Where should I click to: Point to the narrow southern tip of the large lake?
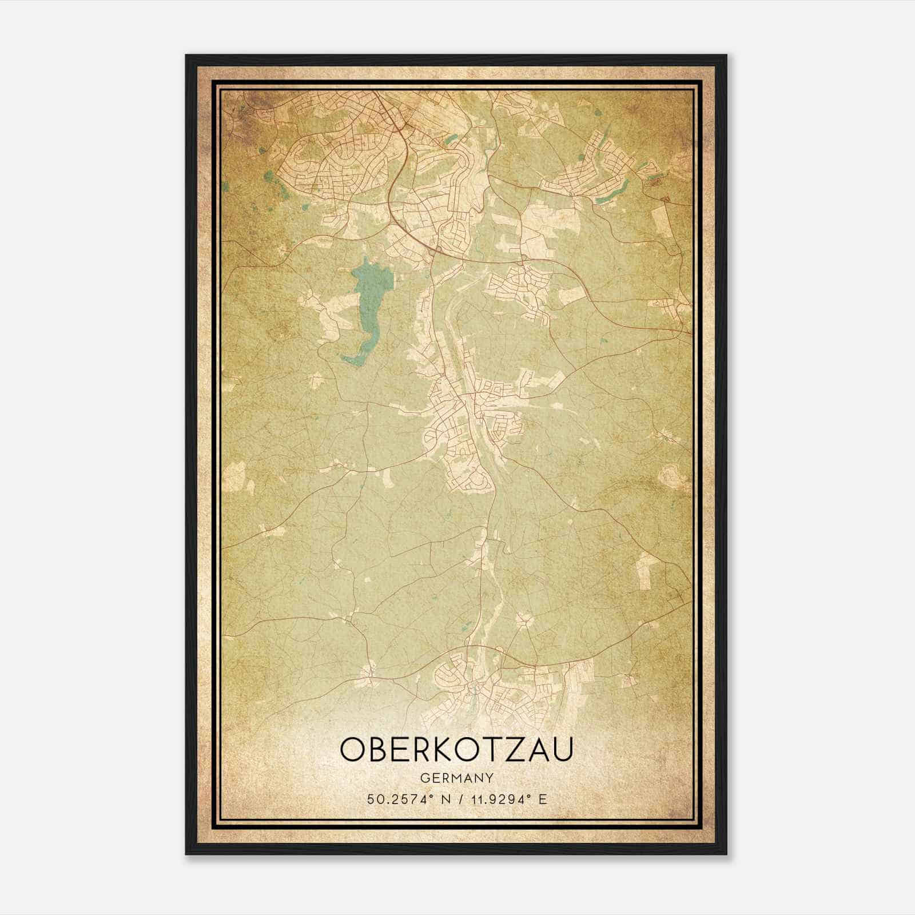(350, 360)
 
